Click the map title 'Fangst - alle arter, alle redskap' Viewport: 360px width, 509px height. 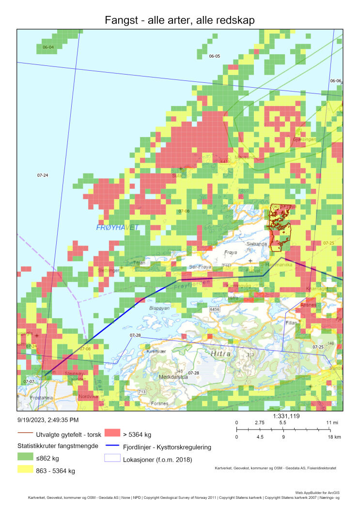180,20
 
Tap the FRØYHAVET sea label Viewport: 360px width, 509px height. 117,228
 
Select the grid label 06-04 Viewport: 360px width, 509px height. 48,47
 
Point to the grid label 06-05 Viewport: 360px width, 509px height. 214,56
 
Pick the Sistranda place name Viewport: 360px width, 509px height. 256,244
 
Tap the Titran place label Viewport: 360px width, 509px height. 139,263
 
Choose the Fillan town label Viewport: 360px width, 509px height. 291,322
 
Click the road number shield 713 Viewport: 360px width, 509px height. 142,391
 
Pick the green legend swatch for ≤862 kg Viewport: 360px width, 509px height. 24,457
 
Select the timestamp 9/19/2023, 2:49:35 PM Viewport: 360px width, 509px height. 47,420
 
